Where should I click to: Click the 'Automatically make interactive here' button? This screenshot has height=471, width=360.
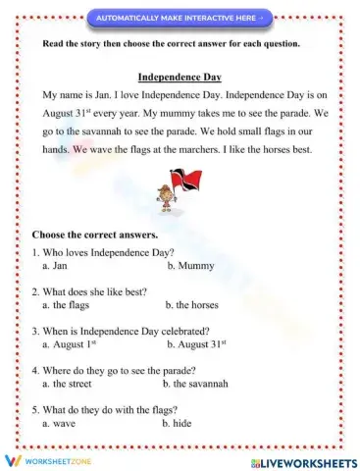180,17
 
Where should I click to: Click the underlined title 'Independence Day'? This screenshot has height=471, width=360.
180,77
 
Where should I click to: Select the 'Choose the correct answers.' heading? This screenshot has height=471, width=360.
95,235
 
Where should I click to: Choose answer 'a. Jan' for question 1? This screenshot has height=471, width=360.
55,266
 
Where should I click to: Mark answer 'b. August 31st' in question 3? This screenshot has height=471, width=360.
196,344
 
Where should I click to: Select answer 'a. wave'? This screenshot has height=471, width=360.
59,423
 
